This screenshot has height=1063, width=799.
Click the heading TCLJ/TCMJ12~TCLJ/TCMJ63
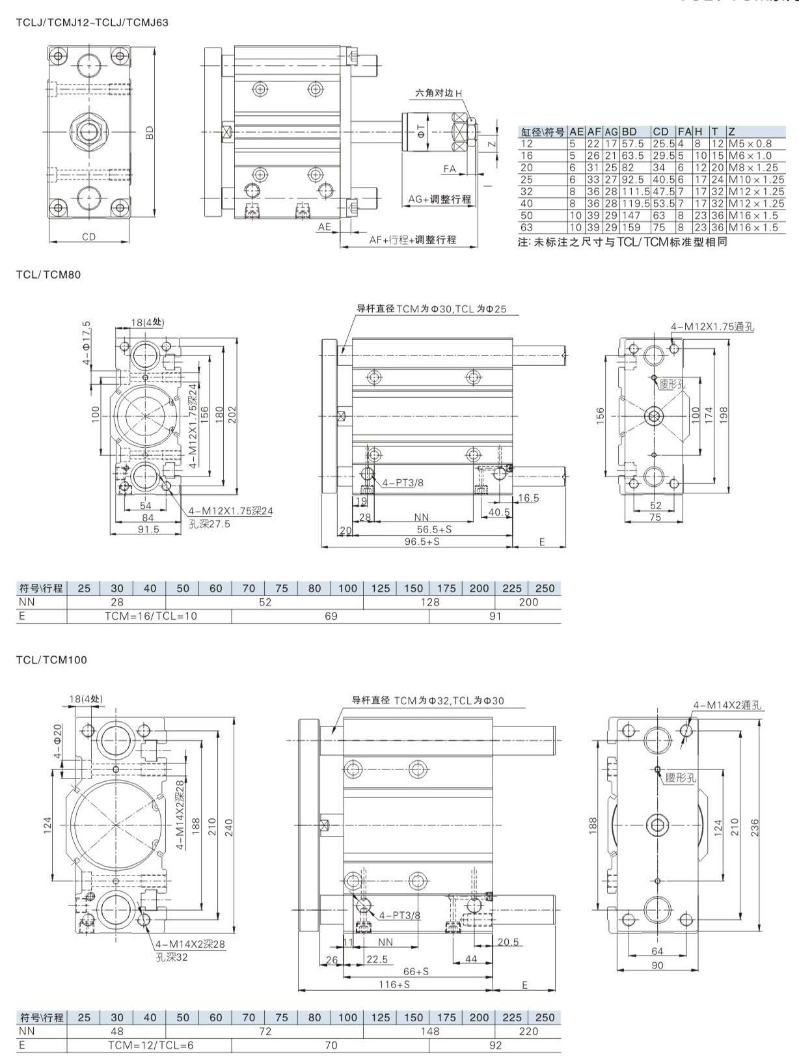[92, 23]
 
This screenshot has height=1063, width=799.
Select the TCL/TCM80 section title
[48, 275]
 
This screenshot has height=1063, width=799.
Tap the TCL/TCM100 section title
[51, 659]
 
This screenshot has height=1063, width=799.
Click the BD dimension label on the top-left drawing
[150, 133]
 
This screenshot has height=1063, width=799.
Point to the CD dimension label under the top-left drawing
[88, 237]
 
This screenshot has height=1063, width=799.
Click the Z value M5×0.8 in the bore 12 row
[750, 143]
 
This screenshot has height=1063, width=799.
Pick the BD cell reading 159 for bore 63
[631, 227]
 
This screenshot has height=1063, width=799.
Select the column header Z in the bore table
[732, 131]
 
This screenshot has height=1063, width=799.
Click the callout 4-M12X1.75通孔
[713, 327]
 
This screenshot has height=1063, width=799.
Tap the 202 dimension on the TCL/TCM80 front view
[232, 414]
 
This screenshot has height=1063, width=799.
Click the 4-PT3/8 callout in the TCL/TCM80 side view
[403, 482]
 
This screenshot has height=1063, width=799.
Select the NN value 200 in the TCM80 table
[528, 602]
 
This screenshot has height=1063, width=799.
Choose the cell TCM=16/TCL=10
[150, 616]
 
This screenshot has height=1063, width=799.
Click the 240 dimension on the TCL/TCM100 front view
[228, 827]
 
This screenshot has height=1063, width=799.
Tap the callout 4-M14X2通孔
[728, 705]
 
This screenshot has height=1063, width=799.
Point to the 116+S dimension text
[394, 984]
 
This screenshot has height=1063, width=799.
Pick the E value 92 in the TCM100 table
[495, 1045]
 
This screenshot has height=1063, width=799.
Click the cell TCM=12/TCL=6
[150, 1045]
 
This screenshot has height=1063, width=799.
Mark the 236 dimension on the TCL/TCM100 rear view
[755, 827]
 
